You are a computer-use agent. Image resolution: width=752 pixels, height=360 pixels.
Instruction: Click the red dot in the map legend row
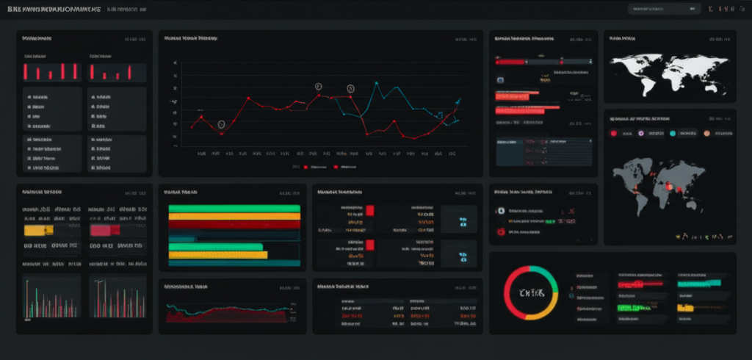coord(614,133)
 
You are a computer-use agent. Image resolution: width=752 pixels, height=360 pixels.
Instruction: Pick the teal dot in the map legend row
coord(672,133)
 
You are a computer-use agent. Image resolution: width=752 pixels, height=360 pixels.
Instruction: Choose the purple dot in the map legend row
coord(641,133)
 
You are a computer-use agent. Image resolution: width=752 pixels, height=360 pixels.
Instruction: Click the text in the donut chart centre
coord(531,293)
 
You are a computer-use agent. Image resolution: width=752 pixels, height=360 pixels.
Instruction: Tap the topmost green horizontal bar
coord(234,209)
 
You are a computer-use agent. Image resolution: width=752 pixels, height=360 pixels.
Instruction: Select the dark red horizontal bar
coord(234,225)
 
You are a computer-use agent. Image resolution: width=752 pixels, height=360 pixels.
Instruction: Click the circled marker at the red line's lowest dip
coord(221,125)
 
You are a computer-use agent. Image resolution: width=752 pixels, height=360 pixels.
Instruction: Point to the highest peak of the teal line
coord(376,82)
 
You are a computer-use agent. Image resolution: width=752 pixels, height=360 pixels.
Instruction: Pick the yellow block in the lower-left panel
coord(38,230)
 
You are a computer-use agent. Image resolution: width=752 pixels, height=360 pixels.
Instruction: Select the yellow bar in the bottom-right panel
coord(684,307)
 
